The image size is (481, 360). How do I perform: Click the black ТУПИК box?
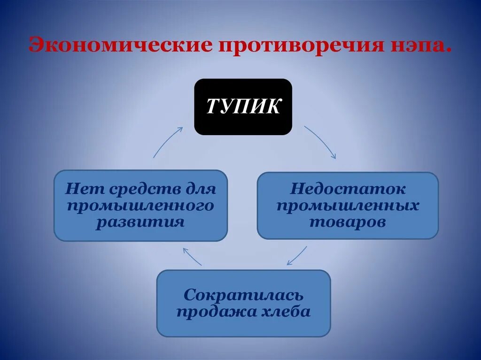(243, 107)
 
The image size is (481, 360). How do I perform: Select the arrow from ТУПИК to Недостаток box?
(320, 142)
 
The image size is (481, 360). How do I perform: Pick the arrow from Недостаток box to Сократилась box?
(296, 255)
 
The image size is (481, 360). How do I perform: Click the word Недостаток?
(348, 189)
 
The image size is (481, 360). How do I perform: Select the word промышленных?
(348, 206)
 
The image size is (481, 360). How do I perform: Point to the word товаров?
(348, 222)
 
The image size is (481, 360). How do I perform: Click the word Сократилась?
(243, 295)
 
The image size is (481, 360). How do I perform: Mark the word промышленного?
(140, 206)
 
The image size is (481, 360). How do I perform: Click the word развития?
(140, 222)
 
